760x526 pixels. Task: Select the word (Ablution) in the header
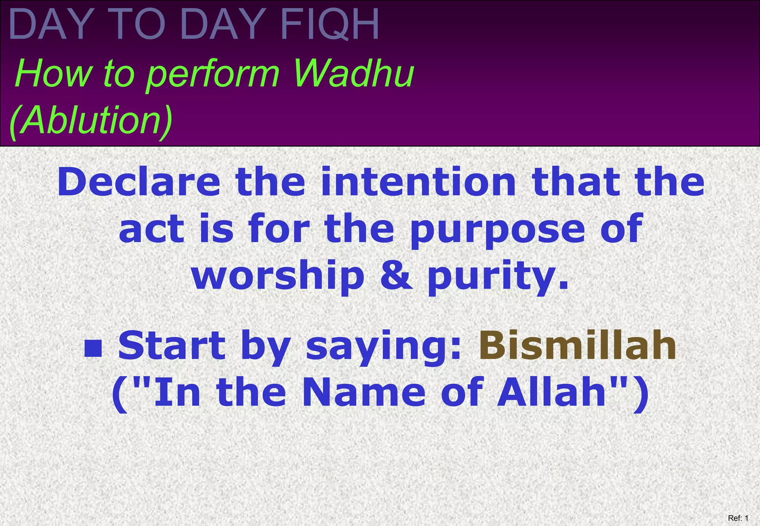pyautogui.click(x=91, y=120)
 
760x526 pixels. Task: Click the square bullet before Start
pyautogui.click(x=93, y=349)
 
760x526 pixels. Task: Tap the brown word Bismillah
pyautogui.click(x=577, y=346)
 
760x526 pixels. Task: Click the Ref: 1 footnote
pyautogui.click(x=738, y=518)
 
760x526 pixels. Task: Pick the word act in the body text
pyautogui.click(x=151, y=230)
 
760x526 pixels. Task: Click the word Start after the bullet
pyautogui.click(x=171, y=346)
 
